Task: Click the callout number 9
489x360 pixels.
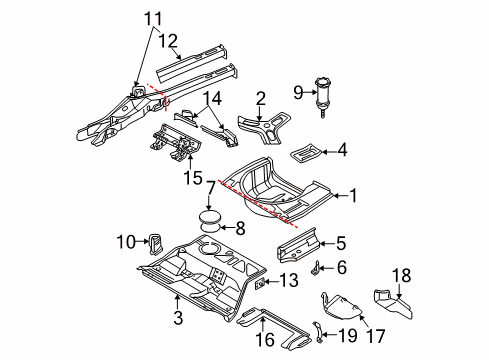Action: [298, 92]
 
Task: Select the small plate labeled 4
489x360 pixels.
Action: [306, 153]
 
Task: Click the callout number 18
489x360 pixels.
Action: [401, 276]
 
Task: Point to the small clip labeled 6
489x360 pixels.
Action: [316, 268]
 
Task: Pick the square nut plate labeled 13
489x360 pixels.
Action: [260, 283]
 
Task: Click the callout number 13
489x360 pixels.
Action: [289, 280]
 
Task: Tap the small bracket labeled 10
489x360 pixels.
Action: [155, 243]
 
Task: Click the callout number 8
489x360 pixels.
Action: [240, 228]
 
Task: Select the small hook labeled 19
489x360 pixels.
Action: [318, 332]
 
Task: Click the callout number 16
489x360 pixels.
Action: [265, 340]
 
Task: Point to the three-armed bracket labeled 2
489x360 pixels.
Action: [264, 129]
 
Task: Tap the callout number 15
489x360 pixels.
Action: [193, 177]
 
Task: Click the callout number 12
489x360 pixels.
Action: [168, 41]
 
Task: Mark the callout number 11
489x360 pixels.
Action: [153, 18]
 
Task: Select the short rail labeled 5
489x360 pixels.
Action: [297, 245]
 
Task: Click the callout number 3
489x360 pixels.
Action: [178, 317]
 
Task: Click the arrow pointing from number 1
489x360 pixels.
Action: [340, 196]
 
